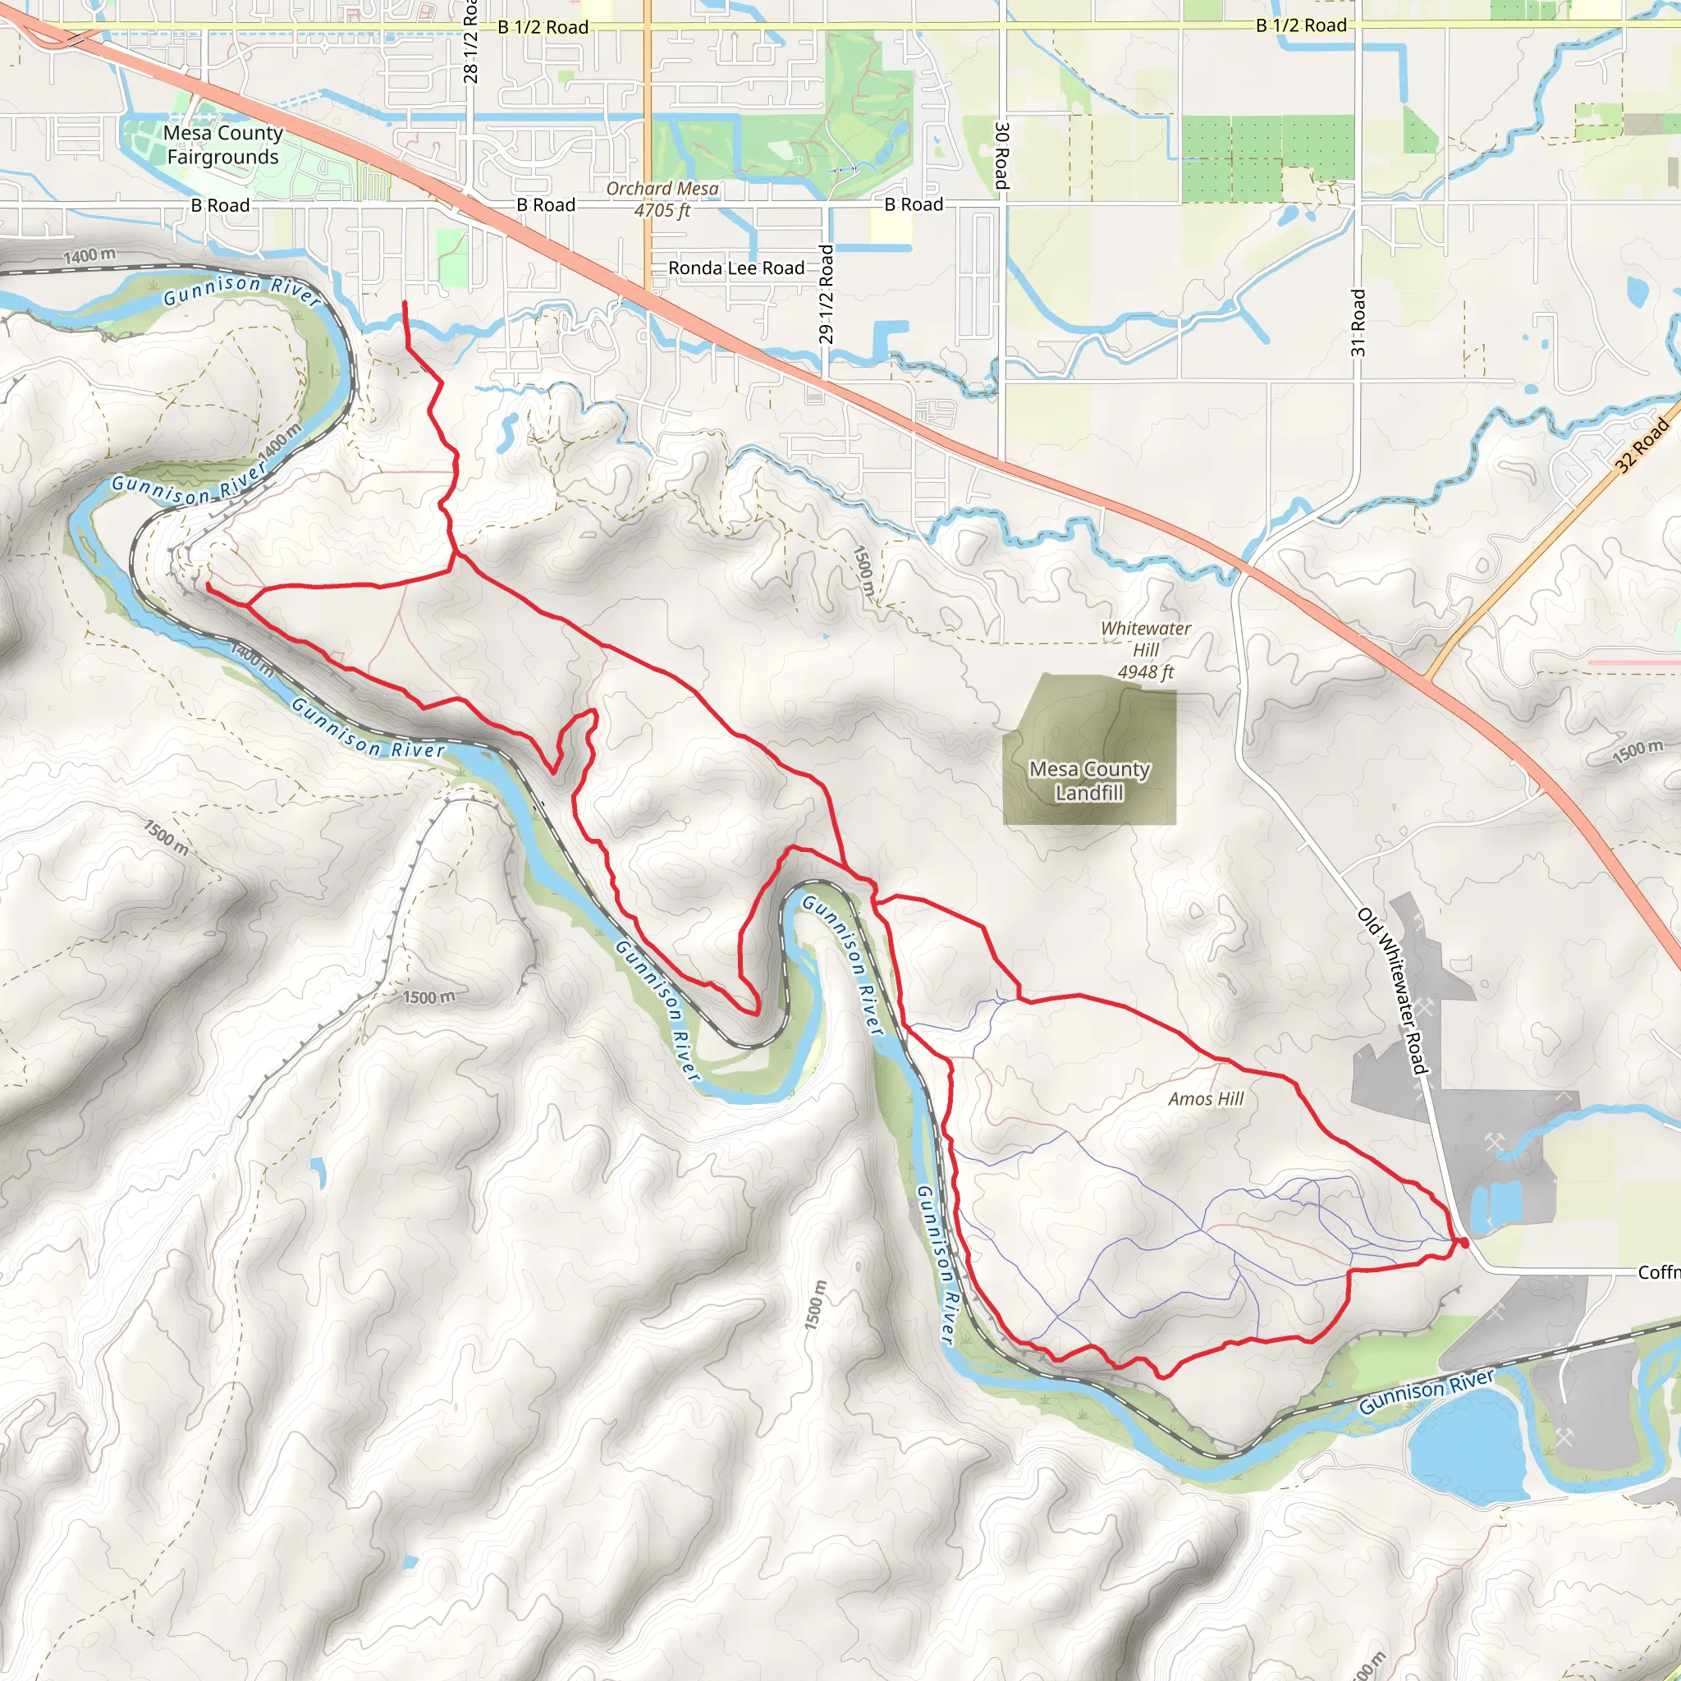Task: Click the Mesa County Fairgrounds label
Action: (x=222, y=144)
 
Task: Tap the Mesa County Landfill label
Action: (x=1089, y=781)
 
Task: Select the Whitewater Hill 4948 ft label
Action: (x=1145, y=650)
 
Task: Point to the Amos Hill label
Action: (x=1205, y=1099)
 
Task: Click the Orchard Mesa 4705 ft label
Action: (x=662, y=199)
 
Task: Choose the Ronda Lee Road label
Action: (x=736, y=268)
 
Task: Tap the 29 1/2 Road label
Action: (x=826, y=294)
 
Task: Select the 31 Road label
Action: (x=1358, y=323)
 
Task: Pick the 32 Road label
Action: (x=1642, y=445)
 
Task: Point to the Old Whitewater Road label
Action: (x=1393, y=991)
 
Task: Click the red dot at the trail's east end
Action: (x=1463, y=1244)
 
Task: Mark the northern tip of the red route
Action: (x=405, y=303)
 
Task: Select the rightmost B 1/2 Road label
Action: (x=1301, y=25)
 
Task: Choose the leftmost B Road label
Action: (x=220, y=205)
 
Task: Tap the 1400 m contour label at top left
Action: (x=89, y=256)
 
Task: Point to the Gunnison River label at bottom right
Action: (x=1426, y=1390)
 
